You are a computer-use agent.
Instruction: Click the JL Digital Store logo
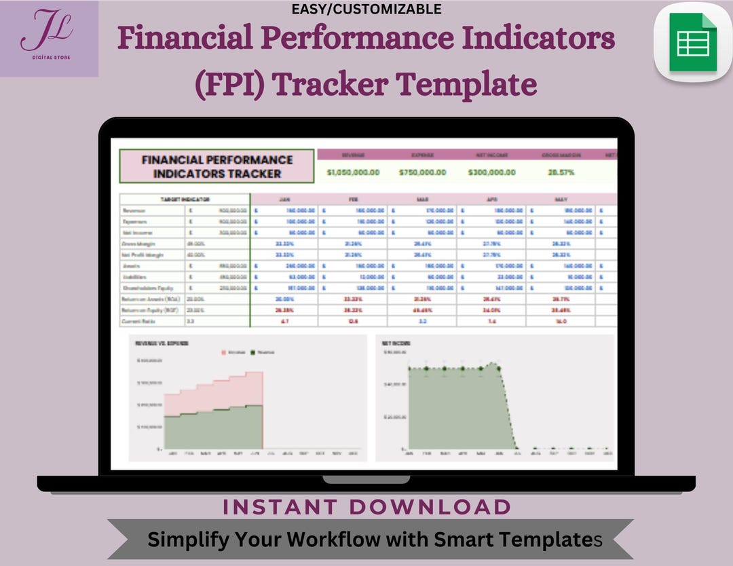49,39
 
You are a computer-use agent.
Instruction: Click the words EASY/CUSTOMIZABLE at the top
366,9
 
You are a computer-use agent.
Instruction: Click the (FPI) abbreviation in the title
229,86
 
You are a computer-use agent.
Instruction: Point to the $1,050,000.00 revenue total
352,172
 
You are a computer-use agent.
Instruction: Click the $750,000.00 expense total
422,172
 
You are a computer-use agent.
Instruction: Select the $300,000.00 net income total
491,172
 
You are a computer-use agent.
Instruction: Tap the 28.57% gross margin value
561,172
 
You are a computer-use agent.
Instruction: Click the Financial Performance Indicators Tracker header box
217,166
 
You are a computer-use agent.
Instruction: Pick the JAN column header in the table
285,200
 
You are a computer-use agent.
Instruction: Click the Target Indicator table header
185,200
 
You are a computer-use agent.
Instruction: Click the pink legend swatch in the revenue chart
225,352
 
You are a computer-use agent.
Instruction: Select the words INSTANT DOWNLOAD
366,507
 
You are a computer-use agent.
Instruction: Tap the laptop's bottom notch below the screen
366,479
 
